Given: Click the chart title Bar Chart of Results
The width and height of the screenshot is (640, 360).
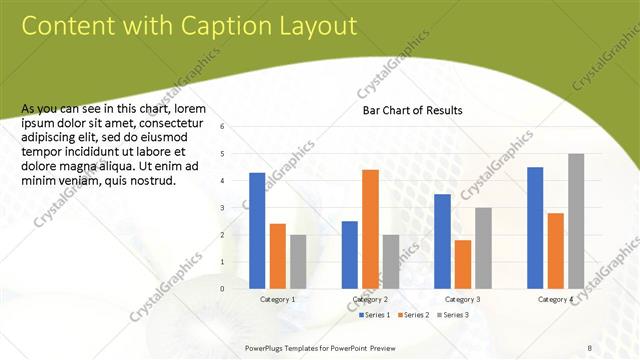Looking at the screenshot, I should click(x=412, y=110).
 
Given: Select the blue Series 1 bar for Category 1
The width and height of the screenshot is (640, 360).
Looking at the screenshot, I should click(x=257, y=230).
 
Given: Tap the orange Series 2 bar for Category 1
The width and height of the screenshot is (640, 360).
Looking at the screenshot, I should click(x=278, y=256).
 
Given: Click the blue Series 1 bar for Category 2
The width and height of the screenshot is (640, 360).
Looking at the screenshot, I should click(x=350, y=254).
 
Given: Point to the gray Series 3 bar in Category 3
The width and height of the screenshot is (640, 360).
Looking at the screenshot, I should click(x=483, y=248).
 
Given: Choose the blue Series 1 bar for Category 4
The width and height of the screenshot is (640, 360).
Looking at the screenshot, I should click(x=535, y=227).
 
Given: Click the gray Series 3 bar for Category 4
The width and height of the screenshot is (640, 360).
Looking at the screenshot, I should click(x=576, y=221).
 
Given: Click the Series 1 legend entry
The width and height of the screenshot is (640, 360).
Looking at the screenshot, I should click(x=375, y=315).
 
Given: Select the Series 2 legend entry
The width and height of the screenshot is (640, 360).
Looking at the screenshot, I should click(x=415, y=315).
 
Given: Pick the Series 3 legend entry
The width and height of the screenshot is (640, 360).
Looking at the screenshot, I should click(x=454, y=315).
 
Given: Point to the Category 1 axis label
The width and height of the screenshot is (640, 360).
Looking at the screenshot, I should click(x=277, y=299).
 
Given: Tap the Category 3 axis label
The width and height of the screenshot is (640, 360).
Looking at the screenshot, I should click(x=463, y=299).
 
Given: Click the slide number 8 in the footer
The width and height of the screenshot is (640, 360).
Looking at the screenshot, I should click(x=590, y=347).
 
